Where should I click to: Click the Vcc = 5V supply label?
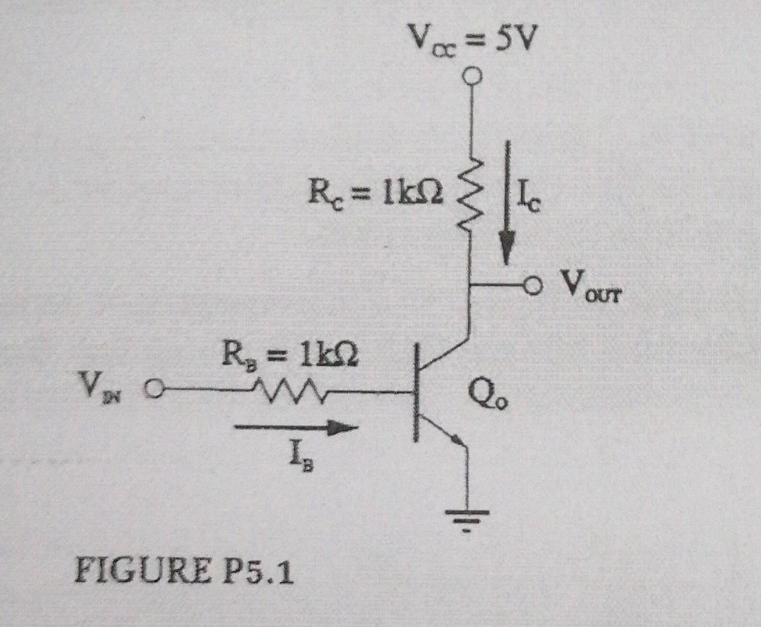coord(471,39)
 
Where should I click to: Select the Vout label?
coord(591,287)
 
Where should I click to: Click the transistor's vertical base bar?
coord(416,392)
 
